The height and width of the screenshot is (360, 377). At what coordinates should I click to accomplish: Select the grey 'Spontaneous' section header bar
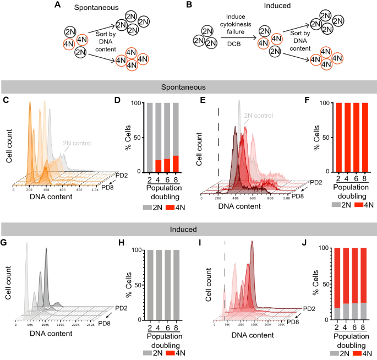188,87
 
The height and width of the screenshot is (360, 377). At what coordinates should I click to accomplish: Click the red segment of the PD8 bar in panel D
176,163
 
